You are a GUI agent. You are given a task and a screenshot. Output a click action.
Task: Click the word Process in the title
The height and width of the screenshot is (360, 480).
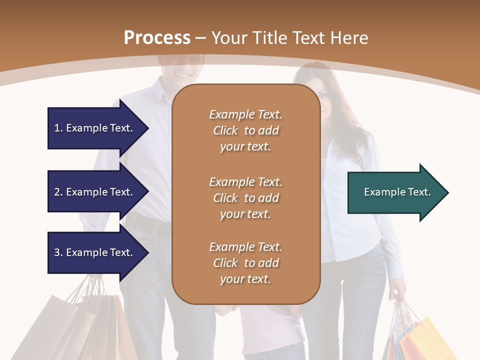tap(157, 38)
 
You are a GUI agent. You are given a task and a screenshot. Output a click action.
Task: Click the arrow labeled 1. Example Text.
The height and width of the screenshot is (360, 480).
tap(93, 128)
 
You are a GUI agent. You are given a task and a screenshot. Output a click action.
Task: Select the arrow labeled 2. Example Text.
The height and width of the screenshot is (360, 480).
tap(93, 192)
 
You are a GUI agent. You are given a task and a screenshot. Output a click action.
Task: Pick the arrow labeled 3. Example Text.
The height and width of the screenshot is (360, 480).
tap(93, 252)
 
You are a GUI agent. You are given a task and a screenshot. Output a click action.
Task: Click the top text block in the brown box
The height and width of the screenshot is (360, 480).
tap(245, 130)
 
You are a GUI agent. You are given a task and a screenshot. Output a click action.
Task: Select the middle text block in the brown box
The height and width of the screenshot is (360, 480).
tap(245, 197)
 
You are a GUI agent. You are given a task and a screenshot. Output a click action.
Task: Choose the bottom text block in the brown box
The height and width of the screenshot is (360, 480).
tap(245, 263)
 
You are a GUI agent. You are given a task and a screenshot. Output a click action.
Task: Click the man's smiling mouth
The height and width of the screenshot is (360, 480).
tap(183, 74)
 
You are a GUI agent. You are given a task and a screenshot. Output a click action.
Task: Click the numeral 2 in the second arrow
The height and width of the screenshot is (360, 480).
tap(57, 192)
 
